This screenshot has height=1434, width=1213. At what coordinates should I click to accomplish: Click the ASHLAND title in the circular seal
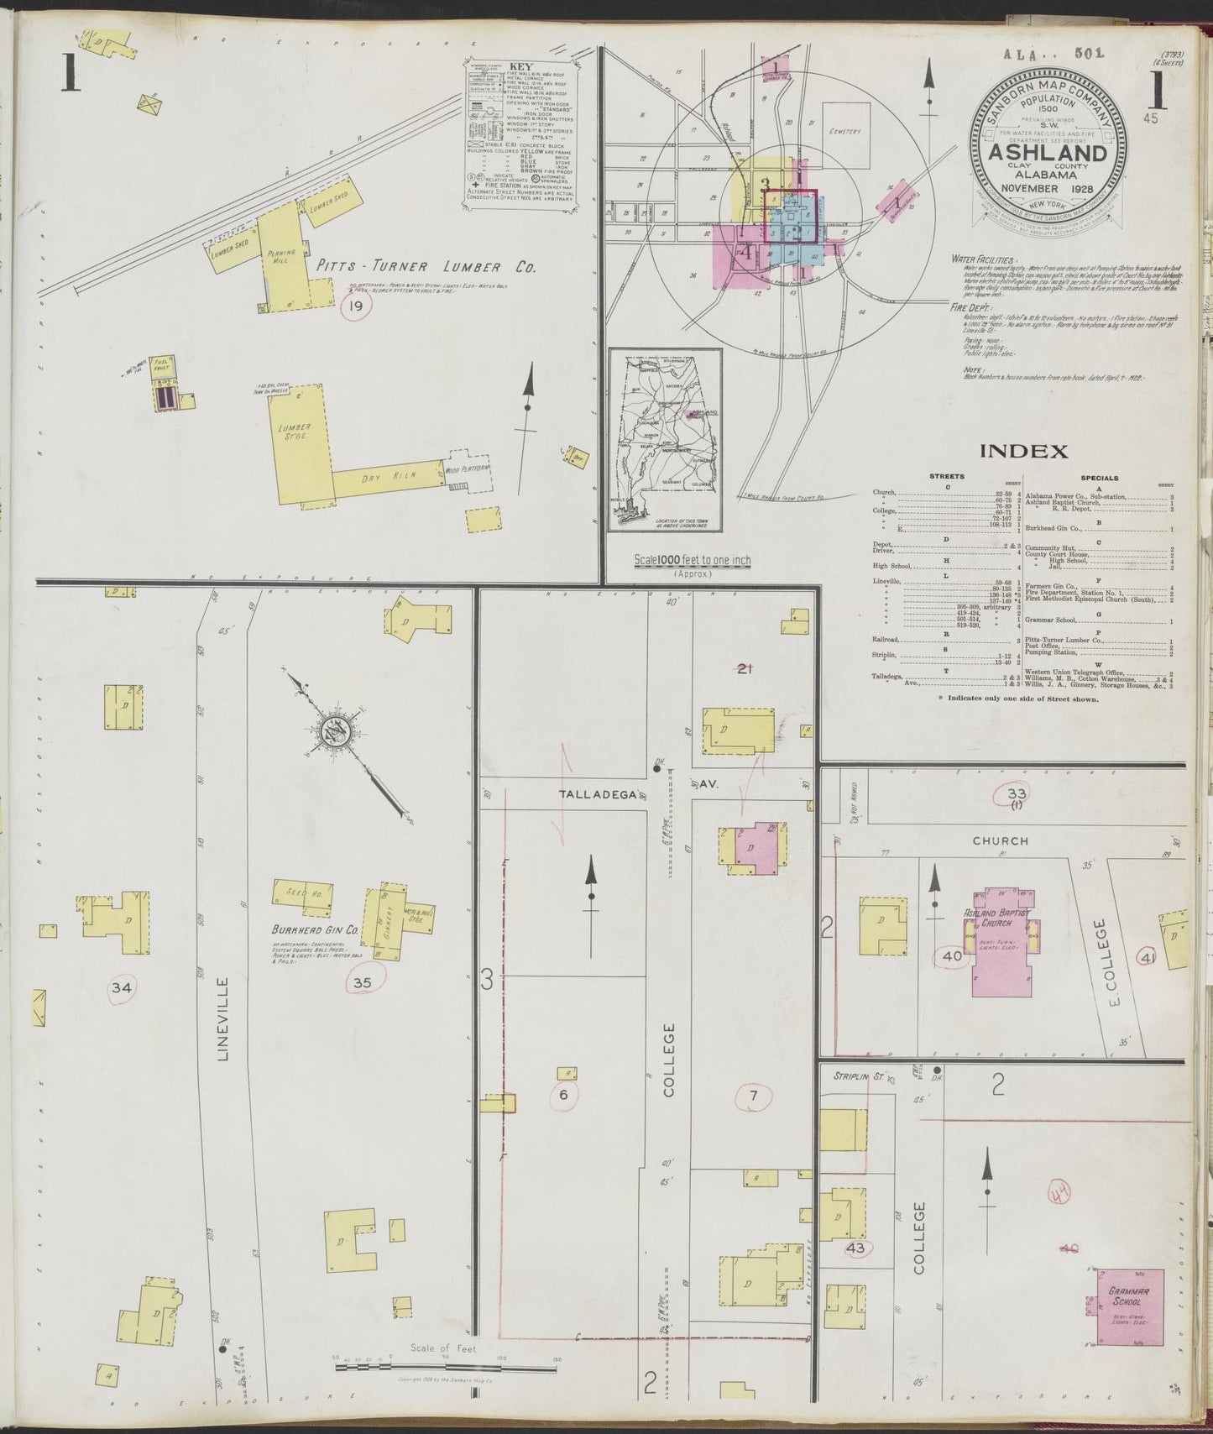click(x=1046, y=154)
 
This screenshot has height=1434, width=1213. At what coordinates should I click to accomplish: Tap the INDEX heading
click(x=1023, y=452)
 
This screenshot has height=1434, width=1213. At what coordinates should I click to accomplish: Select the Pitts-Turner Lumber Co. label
click(x=426, y=268)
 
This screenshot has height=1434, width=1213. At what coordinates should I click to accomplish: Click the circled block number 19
click(x=356, y=307)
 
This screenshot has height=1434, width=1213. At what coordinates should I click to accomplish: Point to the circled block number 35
click(x=363, y=982)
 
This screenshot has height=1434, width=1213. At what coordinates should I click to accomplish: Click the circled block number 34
click(x=122, y=988)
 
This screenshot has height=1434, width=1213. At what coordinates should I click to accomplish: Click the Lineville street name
click(x=223, y=1018)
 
